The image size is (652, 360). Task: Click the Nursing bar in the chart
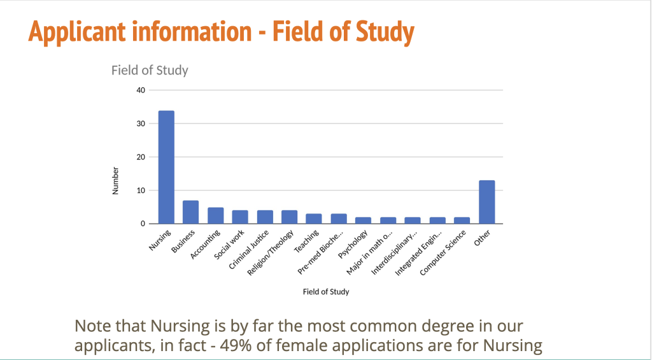(x=166, y=167)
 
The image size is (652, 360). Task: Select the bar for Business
(x=190, y=212)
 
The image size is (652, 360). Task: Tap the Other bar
(x=487, y=202)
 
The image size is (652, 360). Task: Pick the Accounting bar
(x=215, y=215)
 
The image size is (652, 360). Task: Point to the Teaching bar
(x=314, y=219)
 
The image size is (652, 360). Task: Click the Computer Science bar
(x=462, y=220)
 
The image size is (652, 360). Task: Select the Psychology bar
(x=364, y=220)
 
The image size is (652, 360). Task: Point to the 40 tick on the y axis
(x=141, y=90)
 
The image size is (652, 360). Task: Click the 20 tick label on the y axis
(x=141, y=157)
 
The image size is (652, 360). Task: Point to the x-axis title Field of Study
(x=325, y=292)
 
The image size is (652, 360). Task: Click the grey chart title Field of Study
(x=150, y=70)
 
